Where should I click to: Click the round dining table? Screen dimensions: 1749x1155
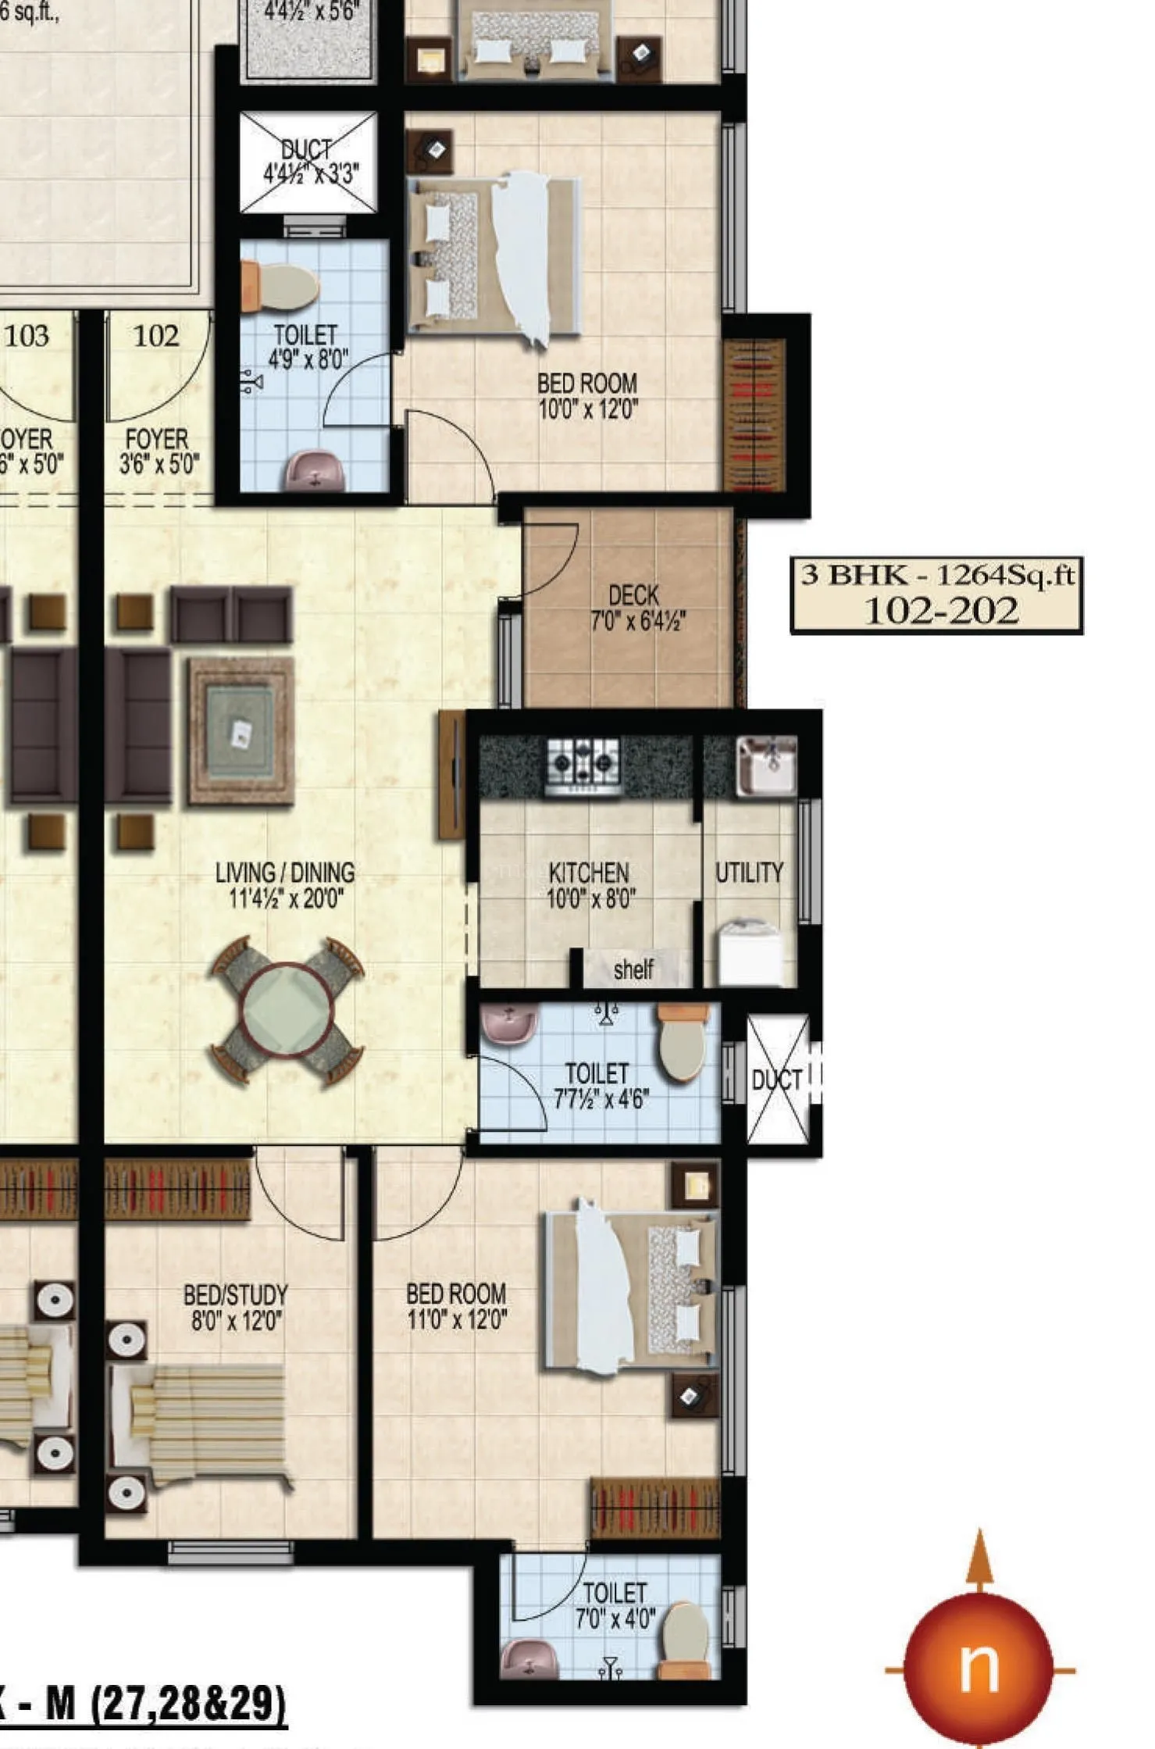[x=287, y=1011]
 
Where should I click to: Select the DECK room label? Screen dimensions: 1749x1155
[x=636, y=607]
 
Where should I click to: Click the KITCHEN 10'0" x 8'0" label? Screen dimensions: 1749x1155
[x=590, y=885]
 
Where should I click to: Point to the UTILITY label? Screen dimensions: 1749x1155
[x=749, y=873]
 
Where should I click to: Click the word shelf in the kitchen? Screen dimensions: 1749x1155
[x=633, y=969]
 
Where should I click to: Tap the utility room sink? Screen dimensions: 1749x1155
[x=766, y=764]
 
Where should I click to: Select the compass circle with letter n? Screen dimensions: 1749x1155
[x=978, y=1670]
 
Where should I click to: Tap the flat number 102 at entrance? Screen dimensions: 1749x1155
[x=156, y=336]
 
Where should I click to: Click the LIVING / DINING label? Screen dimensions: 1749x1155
[x=285, y=885]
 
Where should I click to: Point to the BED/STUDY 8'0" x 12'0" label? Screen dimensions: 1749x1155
[x=235, y=1308]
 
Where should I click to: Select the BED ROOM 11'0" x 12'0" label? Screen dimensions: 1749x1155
[x=456, y=1307]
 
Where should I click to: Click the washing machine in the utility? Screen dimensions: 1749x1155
[x=749, y=954]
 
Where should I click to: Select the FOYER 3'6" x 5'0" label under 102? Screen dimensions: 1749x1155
[x=158, y=452]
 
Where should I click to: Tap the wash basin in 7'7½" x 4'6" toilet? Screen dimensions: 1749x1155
[x=509, y=1023]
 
